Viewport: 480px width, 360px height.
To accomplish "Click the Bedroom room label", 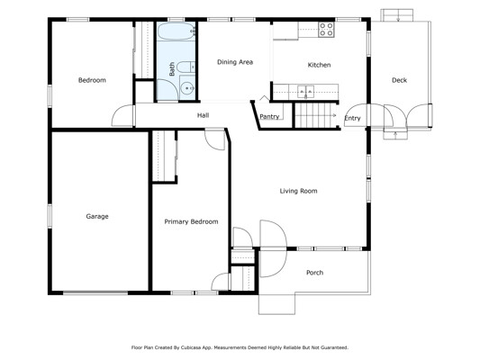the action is click(x=92, y=80).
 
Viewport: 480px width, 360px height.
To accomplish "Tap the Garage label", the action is click(x=97, y=217).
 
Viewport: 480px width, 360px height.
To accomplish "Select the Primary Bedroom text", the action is click(x=191, y=221).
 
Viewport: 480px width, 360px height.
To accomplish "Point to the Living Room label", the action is click(x=298, y=191).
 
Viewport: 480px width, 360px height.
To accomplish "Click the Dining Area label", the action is click(x=235, y=62).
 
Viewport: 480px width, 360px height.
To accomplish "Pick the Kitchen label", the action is click(x=319, y=65).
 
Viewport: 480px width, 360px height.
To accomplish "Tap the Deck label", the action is click(x=400, y=80).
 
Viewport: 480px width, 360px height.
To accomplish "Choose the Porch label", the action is click(x=314, y=273).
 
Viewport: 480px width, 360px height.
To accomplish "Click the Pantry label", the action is click(x=269, y=116).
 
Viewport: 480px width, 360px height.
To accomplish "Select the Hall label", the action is click(x=203, y=115).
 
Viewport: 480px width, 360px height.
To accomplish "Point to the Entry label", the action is click(x=353, y=118).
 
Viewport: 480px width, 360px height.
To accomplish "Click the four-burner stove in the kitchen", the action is click(x=326, y=30).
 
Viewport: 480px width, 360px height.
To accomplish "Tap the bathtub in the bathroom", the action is click(x=177, y=31).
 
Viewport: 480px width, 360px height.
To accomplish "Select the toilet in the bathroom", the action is click(x=186, y=67).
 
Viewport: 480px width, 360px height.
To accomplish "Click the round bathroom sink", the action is click(x=186, y=89).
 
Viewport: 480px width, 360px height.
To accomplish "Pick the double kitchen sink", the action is click(x=306, y=92).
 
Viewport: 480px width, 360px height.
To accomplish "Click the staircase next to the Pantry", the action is click(x=315, y=115).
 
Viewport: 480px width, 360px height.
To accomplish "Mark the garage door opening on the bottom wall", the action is click(x=95, y=292).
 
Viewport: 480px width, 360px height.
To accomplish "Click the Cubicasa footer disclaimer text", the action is click(x=240, y=347).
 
